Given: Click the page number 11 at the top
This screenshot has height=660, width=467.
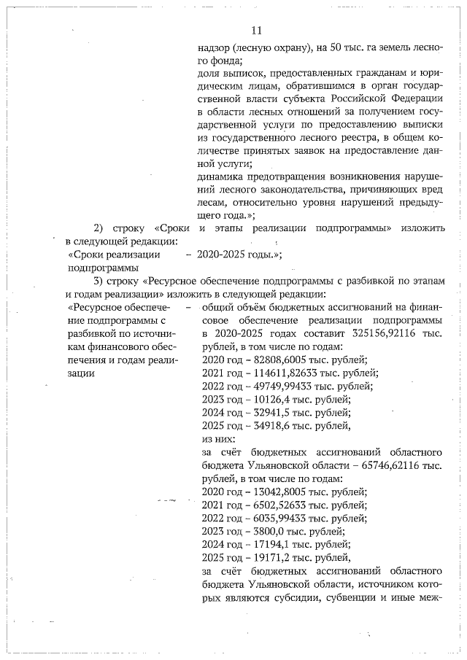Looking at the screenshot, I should click(255, 30).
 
